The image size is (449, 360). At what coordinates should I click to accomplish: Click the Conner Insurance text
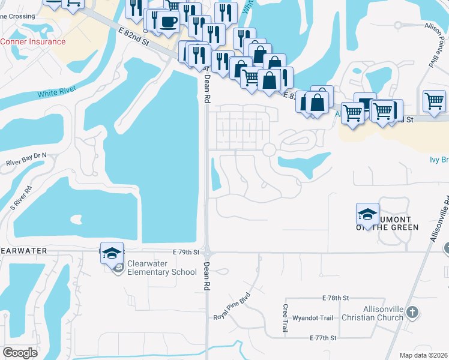[x=33, y=41]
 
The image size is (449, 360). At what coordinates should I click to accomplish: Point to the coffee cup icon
[x=168, y=22]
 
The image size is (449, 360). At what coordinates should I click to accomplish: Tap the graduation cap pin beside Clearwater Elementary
[x=112, y=253]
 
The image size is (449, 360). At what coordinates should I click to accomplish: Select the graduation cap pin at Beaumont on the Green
[x=367, y=214]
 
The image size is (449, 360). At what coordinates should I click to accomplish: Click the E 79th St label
[x=185, y=253]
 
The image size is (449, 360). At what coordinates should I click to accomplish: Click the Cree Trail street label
[x=285, y=318]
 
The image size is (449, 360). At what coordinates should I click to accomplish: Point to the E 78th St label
[x=336, y=298]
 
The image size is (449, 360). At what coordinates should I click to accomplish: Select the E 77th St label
[x=322, y=338]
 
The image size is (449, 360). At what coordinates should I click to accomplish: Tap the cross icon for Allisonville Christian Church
[x=412, y=312]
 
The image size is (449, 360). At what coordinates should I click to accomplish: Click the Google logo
[x=20, y=353]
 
